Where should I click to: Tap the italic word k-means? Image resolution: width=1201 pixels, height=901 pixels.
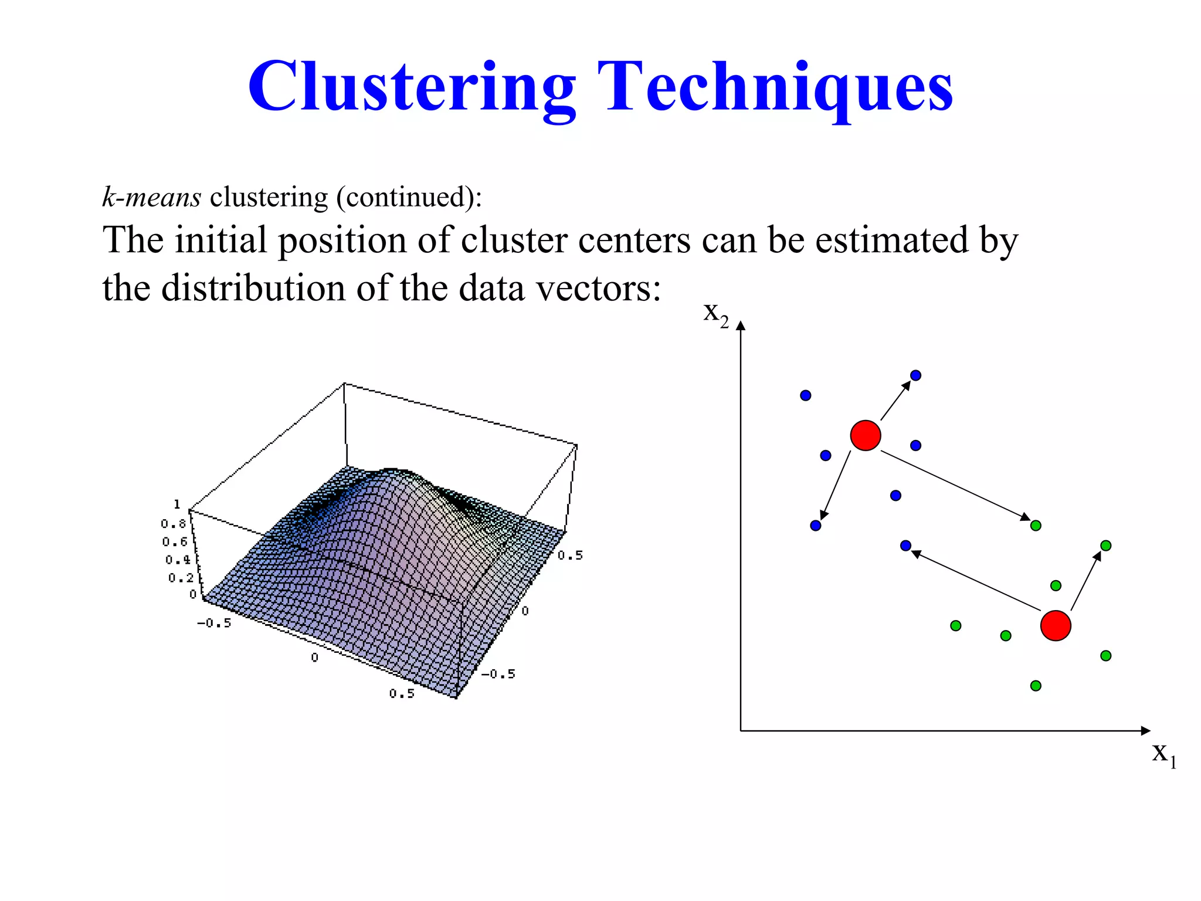point(151,197)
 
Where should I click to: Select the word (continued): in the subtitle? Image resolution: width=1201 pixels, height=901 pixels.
point(409,198)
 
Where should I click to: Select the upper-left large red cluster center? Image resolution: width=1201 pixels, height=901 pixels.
point(866,435)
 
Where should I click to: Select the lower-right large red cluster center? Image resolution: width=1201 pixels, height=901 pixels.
point(1056,625)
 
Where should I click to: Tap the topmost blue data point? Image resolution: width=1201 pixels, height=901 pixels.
point(915,375)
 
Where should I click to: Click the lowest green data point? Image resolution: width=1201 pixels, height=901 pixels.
point(1036,686)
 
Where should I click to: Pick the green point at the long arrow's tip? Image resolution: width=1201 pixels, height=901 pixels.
point(1036,526)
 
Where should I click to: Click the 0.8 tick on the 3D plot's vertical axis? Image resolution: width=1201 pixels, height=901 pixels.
point(173,523)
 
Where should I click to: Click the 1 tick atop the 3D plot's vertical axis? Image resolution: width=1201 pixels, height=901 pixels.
point(177,504)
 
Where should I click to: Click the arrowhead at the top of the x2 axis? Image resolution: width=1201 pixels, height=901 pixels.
point(741,326)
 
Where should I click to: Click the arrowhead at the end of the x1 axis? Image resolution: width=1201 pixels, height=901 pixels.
point(1145,730)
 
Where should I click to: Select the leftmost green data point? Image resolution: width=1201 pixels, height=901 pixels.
point(955,626)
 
